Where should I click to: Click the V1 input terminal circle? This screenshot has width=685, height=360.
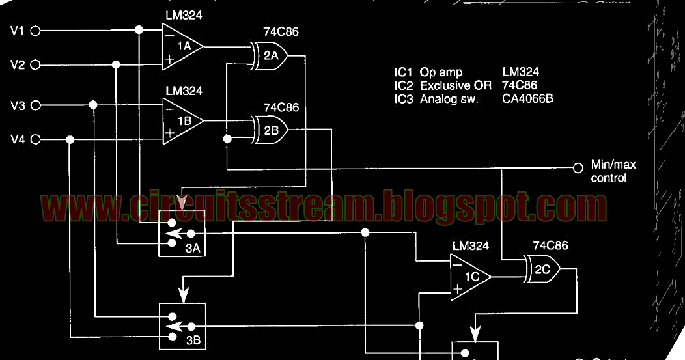[x=36, y=30]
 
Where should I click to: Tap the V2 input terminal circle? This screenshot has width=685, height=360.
[x=36, y=64]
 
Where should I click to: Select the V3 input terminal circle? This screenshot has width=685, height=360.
[x=36, y=105]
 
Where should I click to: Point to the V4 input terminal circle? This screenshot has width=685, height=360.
[x=36, y=139]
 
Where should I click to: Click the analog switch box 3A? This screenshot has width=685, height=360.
[x=182, y=234]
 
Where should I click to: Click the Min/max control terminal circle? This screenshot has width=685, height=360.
[x=578, y=167]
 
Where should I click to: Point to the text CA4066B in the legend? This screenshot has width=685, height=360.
[x=528, y=99]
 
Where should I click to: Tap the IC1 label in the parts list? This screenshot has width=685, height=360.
[x=404, y=72]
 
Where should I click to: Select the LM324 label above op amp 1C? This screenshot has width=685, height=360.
[x=470, y=246]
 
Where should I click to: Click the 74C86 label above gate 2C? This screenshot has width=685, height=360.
[x=550, y=246]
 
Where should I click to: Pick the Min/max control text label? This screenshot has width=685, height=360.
[x=613, y=171]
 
